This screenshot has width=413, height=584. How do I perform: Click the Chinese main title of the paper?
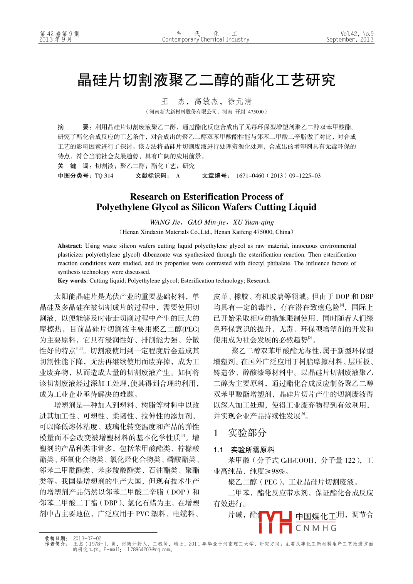(x=206, y=80)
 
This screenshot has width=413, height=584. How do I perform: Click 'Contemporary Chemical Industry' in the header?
(x=205, y=40)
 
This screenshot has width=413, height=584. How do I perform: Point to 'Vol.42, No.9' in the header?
(x=357, y=34)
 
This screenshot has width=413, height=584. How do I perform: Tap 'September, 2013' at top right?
(x=350, y=40)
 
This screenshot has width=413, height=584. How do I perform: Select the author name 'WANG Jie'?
(x=165, y=222)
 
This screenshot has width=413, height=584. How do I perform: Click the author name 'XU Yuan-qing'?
(x=253, y=222)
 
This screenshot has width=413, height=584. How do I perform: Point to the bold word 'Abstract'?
(x=69, y=246)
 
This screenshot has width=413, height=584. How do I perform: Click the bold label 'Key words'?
(x=72, y=281)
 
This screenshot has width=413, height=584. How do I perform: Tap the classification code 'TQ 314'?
(x=104, y=176)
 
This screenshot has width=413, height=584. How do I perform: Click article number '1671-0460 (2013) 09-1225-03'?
(x=278, y=176)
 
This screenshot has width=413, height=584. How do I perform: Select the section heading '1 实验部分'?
(x=240, y=433)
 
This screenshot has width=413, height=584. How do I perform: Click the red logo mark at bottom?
(x=275, y=522)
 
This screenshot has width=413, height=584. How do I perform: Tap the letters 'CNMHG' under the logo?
(x=316, y=528)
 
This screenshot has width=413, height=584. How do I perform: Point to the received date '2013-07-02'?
(x=87, y=539)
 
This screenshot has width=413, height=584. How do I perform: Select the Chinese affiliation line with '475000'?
(x=206, y=112)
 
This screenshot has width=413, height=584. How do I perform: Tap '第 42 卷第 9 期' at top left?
(x=60, y=34)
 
